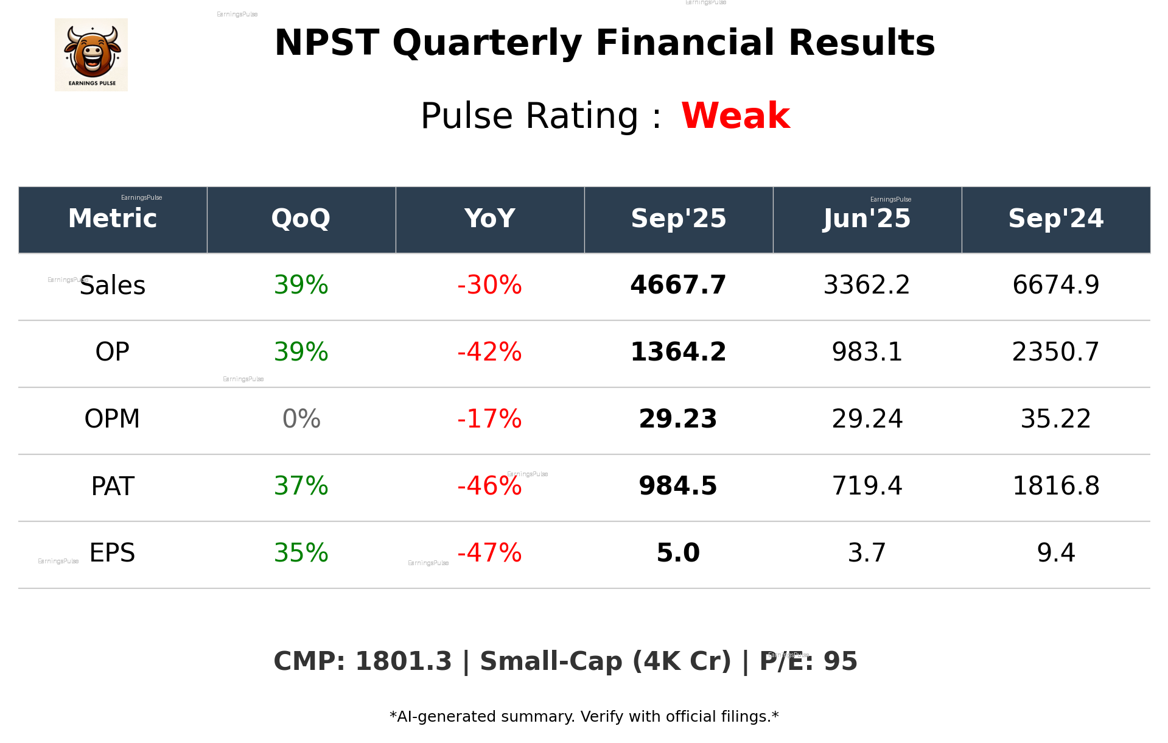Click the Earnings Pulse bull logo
coord(91,55)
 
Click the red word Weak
coord(735,116)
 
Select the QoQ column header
coord(301,219)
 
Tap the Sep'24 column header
coord(1055,219)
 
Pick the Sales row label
coord(113,286)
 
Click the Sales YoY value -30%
coord(489,285)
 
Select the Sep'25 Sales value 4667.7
coord(678,285)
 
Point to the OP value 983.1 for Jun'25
coord(867,352)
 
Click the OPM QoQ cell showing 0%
coord(301,419)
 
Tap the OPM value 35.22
coord(1055,419)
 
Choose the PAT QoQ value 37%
coord(301,486)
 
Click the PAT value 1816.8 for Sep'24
coord(1055,486)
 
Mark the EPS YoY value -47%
coord(489,553)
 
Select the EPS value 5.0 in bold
coord(678,553)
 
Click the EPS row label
coord(113,553)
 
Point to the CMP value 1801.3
coord(403,661)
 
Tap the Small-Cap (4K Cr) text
coord(605,661)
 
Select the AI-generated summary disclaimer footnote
coord(584,717)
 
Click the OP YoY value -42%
coord(489,352)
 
